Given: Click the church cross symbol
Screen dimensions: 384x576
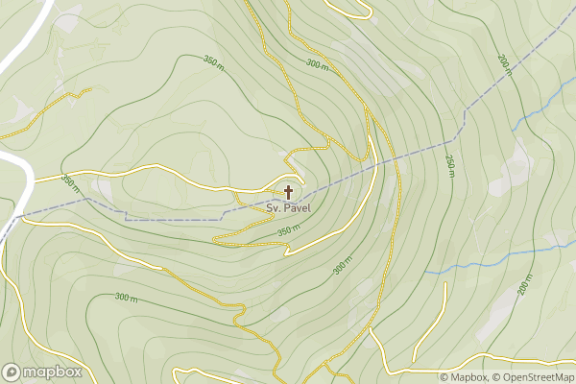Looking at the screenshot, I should coord(288,192).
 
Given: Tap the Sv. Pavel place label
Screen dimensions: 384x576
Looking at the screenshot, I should coord(288,206).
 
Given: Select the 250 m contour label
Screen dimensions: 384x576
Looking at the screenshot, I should coord(448,165).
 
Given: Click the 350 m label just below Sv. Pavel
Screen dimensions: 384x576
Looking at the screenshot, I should coord(288,230).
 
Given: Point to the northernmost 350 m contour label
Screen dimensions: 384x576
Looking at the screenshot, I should coord(213,62).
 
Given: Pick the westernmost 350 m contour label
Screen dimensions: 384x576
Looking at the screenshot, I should coord(70,180).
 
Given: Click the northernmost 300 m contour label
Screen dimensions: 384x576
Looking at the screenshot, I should coord(316,63).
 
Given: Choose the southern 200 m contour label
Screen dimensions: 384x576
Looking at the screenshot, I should coord(524,285).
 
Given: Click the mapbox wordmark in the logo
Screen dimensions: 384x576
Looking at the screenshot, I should coord(53,372).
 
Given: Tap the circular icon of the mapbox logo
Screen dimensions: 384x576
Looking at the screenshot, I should coord(12,372).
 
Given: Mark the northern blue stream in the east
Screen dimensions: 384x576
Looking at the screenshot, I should coord(538,115).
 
